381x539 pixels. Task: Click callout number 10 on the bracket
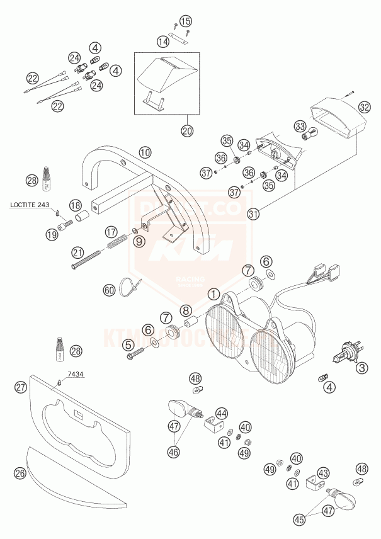pos(145,152)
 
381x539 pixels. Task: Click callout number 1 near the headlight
pos(214,293)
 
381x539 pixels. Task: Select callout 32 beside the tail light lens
pos(365,108)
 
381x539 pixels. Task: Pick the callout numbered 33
pos(300,126)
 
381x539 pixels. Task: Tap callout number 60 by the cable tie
pos(110,290)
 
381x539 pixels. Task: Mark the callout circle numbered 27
pos(21,387)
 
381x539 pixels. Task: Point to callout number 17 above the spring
pos(111,230)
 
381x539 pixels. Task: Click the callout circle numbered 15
pos(185,22)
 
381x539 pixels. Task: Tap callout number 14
pos(163,42)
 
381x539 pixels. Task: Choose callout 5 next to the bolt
pos(129,344)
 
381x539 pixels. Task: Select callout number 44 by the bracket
pos(221,413)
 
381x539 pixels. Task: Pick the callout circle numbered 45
pos(300,519)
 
